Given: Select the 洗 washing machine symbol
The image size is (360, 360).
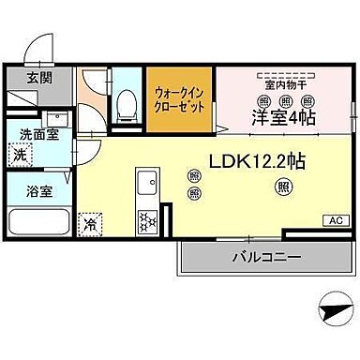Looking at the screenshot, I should (x=20, y=156).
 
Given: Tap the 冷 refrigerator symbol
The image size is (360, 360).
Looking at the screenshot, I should (x=91, y=224).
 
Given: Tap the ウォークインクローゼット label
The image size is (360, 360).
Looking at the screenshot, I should (x=180, y=98).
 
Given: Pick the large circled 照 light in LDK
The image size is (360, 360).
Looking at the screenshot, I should (x=282, y=187).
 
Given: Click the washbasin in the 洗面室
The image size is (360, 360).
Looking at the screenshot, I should (x=56, y=119).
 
